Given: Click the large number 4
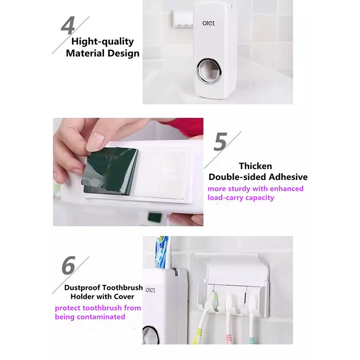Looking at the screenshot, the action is (x=68, y=25).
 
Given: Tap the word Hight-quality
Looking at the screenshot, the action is (x=102, y=41).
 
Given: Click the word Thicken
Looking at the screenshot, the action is (x=255, y=166).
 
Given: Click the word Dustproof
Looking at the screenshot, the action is (x=82, y=288).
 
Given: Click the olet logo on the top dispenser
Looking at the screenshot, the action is (x=209, y=23).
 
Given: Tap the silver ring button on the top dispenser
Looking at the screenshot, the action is (x=209, y=70).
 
